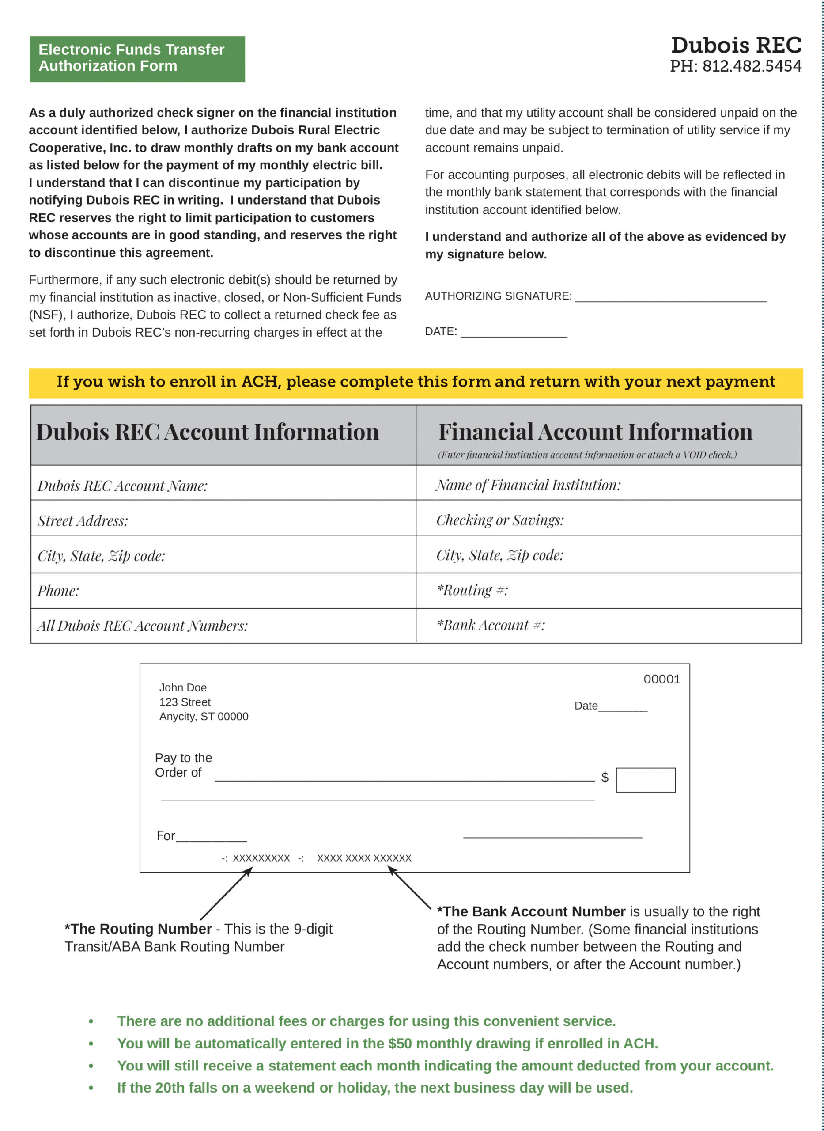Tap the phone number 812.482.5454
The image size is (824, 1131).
coord(752,66)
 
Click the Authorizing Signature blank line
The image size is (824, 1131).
coord(670,297)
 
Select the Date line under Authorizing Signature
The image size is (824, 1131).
coord(514,333)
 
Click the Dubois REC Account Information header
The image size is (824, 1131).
coord(208,432)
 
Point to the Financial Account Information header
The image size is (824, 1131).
coord(595,432)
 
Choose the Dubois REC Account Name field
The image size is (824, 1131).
coord(123,486)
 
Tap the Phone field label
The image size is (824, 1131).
coord(58,591)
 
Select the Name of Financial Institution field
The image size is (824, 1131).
coord(528,486)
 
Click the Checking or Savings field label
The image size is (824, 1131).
coord(500,520)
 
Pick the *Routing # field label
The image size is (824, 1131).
coord(472,590)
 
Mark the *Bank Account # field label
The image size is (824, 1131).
coord(491,625)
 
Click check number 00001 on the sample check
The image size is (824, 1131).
coord(661,679)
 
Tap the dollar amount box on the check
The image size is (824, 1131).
coord(646,780)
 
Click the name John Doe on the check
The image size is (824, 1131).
coord(182,687)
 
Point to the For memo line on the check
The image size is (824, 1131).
coord(211,836)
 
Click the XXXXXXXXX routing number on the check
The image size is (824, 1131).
coord(261,858)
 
